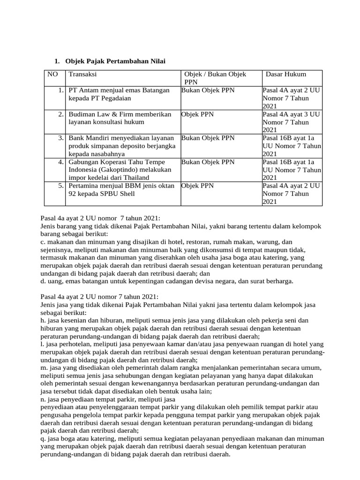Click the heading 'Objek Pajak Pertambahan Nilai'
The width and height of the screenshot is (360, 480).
click(x=115, y=61)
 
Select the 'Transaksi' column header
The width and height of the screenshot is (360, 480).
click(x=82, y=74)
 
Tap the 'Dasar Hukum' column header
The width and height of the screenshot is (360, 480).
click(x=286, y=74)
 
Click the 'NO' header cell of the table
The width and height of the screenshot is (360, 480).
click(x=52, y=74)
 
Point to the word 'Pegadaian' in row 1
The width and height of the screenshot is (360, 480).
click(x=116, y=98)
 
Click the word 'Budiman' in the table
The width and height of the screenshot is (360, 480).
click(x=81, y=114)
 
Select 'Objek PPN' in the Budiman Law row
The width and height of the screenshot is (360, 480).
click(x=197, y=114)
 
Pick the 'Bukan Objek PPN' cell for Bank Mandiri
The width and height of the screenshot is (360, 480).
click(x=208, y=138)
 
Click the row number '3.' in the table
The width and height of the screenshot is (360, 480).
click(x=61, y=138)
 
